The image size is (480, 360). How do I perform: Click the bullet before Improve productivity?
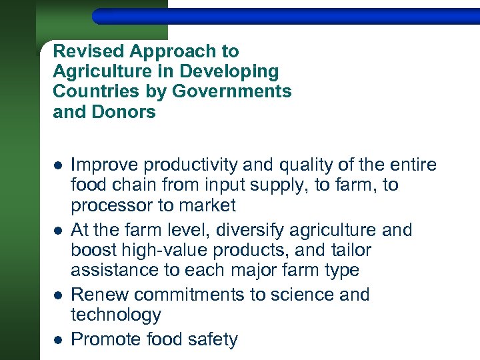coord(58,165)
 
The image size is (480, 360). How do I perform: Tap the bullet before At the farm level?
coord(58,231)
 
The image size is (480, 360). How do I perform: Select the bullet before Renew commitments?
coord(58,295)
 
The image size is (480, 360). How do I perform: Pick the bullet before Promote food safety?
coord(58,340)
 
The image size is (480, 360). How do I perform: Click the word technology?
coord(115,315)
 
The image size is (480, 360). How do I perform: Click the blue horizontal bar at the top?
coord(287,15)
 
